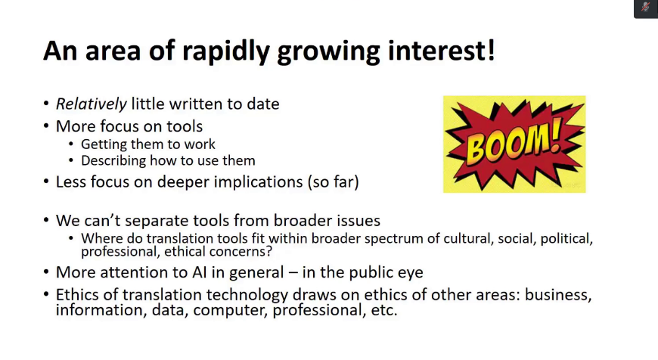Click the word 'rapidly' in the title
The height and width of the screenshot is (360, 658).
coord(226,51)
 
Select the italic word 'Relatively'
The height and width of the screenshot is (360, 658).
coord(91,104)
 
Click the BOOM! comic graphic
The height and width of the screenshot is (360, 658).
coord(514,144)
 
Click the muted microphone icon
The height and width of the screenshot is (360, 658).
coord(646,7)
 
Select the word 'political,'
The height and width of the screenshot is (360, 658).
coord(566,238)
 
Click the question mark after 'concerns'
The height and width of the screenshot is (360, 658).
coord(268,251)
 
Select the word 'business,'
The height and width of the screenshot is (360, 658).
coord(558,295)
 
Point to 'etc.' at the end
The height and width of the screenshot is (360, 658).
coord(384,311)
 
